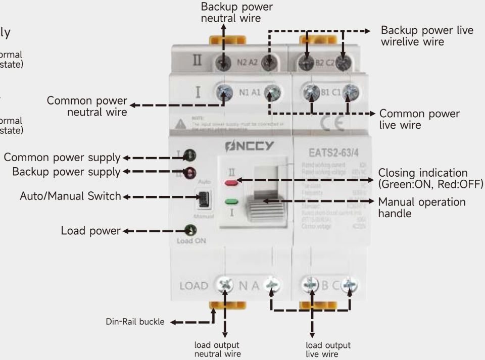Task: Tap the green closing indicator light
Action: [232, 201]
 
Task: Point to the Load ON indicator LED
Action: [190, 231]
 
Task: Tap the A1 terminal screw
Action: [273, 92]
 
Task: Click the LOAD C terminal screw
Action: [349, 285]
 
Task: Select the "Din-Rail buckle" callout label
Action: [135, 322]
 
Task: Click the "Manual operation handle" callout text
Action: [422, 208]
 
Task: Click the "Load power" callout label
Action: [90, 231]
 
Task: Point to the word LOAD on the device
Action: [194, 286]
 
